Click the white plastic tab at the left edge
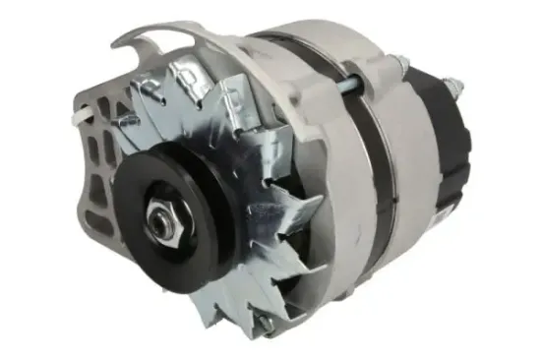[72, 117]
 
